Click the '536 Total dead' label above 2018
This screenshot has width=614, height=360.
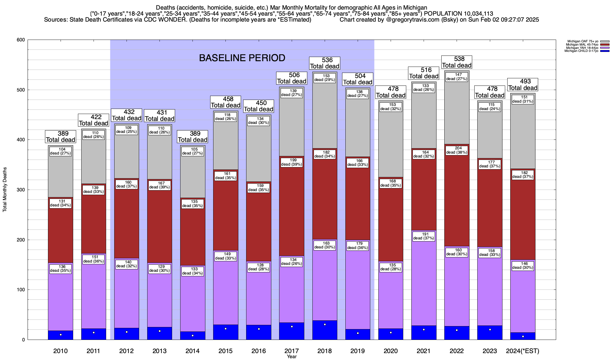tap(325, 63)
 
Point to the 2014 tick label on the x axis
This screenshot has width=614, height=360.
tap(192, 351)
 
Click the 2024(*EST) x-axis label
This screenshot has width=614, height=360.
tap(523, 351)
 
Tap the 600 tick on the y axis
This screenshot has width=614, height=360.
tap(21, 40)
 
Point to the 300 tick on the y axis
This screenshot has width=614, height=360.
tap(21, 190)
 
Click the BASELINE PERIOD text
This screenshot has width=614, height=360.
tap(242, 58)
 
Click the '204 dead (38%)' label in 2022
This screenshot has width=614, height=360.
tap(457, 150)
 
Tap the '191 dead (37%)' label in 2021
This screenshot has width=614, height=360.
tap(424, 236)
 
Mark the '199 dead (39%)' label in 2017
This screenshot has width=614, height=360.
tap(292, 162)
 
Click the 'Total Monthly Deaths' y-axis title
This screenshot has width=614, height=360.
tap(5, 190)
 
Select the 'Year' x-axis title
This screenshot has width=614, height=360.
tap(291, 357)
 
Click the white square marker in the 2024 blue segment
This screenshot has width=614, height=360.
tap(523, 337)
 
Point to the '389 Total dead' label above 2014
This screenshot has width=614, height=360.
tap(192, 137)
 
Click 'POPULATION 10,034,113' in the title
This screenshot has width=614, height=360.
tap(459, 14)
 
